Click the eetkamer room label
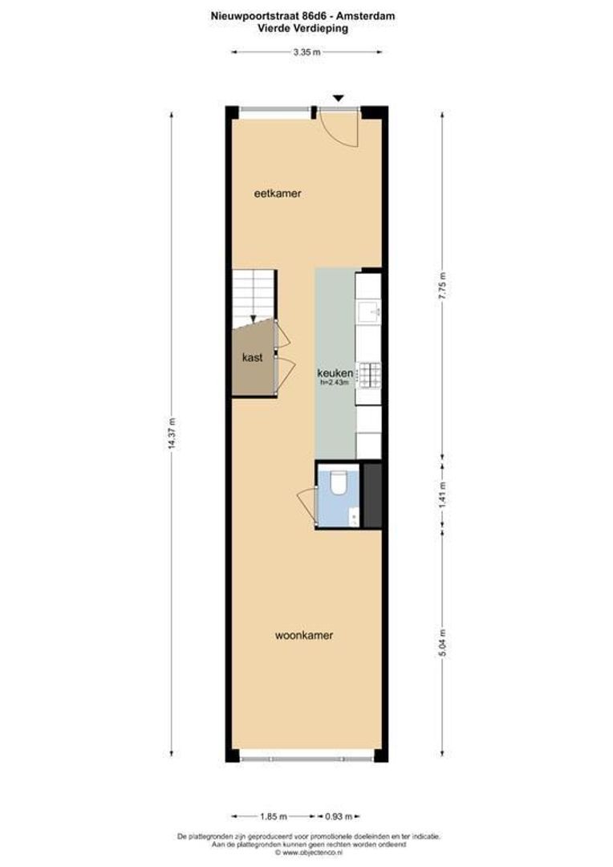click(x=277, y=193)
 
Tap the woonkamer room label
click(x=303, y=635)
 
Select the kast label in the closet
click(x=253, y=359)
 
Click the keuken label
click(x=335, y=373)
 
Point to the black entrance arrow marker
click(x=339, y=98)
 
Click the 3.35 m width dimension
click(x=306, y=51)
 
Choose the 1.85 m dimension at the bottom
click(x=274, y=816)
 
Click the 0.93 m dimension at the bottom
click(x=342, y=816)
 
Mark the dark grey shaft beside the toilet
click(x=371, y=495)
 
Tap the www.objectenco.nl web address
click(x=309, y=853)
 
